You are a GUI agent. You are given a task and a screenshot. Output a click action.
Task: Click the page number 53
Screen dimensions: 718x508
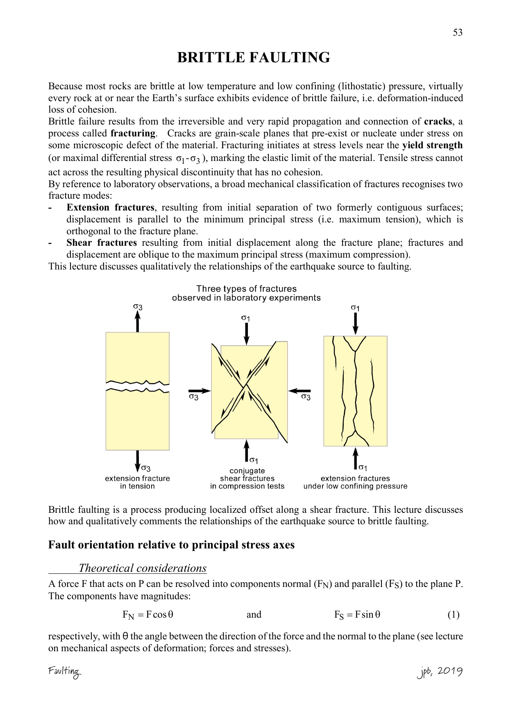click(458, 33)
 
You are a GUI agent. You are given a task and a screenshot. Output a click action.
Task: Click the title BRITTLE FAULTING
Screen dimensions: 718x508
click(254, 58)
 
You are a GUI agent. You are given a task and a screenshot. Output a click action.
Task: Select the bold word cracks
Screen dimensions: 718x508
click(438, 122)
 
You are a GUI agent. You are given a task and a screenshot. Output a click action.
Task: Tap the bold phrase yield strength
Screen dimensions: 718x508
click(432, 145)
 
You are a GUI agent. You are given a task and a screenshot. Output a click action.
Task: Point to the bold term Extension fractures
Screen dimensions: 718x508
click(110, 208)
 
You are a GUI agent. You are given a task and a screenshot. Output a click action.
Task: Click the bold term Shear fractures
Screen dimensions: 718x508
click(102, 243)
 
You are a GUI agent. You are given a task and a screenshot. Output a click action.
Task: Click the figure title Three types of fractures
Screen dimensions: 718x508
click(246, 289)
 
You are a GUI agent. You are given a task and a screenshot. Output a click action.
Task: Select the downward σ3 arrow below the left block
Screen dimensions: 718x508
click(138, 461)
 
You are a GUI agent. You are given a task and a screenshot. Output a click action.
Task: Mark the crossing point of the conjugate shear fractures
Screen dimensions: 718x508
click(246, 385)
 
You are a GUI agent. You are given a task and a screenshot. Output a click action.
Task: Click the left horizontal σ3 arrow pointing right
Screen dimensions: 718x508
click(199, 391)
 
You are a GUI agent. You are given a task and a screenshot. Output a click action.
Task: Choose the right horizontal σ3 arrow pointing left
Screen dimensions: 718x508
click(300, 391)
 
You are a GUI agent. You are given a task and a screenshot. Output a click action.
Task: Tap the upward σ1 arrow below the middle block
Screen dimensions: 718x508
click(246, 451)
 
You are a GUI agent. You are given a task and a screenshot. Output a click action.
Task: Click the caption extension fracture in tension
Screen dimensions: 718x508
click(137, 482)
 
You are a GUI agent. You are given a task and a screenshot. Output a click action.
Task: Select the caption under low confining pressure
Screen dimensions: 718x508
click(355, 487)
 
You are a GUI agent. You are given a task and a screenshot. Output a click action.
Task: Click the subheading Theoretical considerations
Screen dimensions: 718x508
click(143, 569)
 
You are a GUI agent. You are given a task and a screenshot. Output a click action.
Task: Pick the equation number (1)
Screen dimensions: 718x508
click(453, 615)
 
